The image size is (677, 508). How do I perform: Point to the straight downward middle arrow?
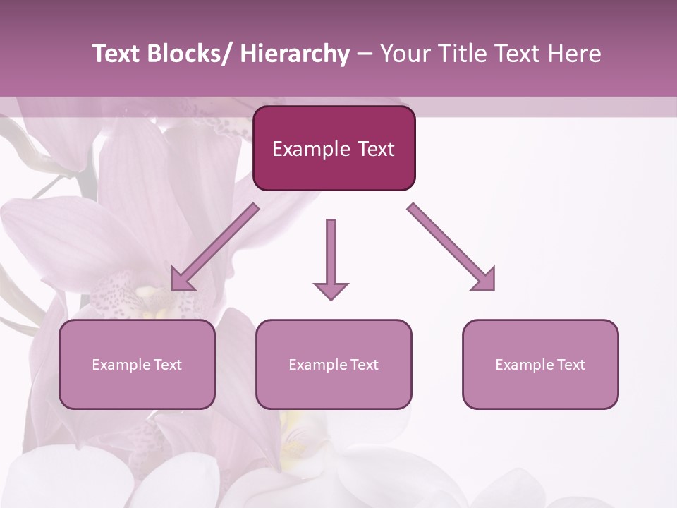331,254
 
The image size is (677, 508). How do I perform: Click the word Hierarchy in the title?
295,54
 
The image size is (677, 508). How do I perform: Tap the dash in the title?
364,54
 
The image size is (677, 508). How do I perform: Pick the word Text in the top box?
375,149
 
